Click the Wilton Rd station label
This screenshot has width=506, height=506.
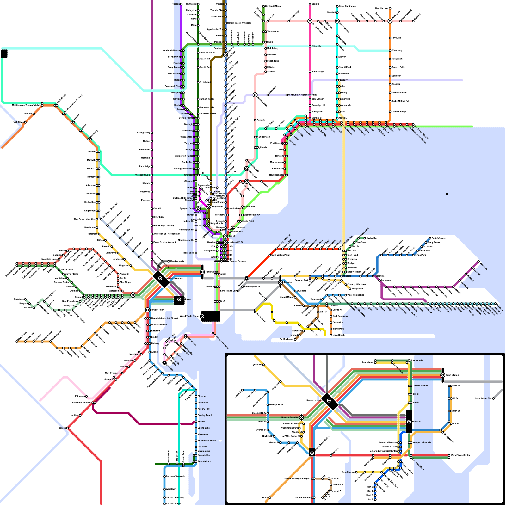pyautogui.click(x=316, y=46)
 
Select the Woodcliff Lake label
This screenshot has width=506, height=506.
pyautogui.click(x=143, y=175)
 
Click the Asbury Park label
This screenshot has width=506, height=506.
pyautogui.click(x=204, y=409)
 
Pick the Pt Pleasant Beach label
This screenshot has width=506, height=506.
pyautogui.click(x=207, y=440)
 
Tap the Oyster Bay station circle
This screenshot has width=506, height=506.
pyautogui.click(x=365, y=238)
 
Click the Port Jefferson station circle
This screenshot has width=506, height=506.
pyautogui.click(x=430, y=238)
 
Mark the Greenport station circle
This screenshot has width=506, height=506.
pyautogui.click(x=478, y=262)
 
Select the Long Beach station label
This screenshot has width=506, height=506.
pyautogui.click(x=339, y=335)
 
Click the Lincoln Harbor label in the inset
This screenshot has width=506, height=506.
pyautogui.click(x=420, y=386)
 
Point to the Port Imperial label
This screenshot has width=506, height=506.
pyautogui.click(x=417, y=360)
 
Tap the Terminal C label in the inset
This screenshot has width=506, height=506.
pyautogui.click(x=336, y=478)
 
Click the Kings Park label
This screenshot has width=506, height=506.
pyautogui.click(x=420, y=255)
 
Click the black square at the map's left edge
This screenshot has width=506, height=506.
pyautogui.click(x=4, y=54)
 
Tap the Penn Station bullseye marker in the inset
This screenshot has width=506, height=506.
pyautogui.click(x=443, y=375)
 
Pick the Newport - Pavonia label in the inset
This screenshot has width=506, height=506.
pyautogui.click(x=422, y=442)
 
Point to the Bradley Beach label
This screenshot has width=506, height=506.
pyautogui.click(x=205, y=415)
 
